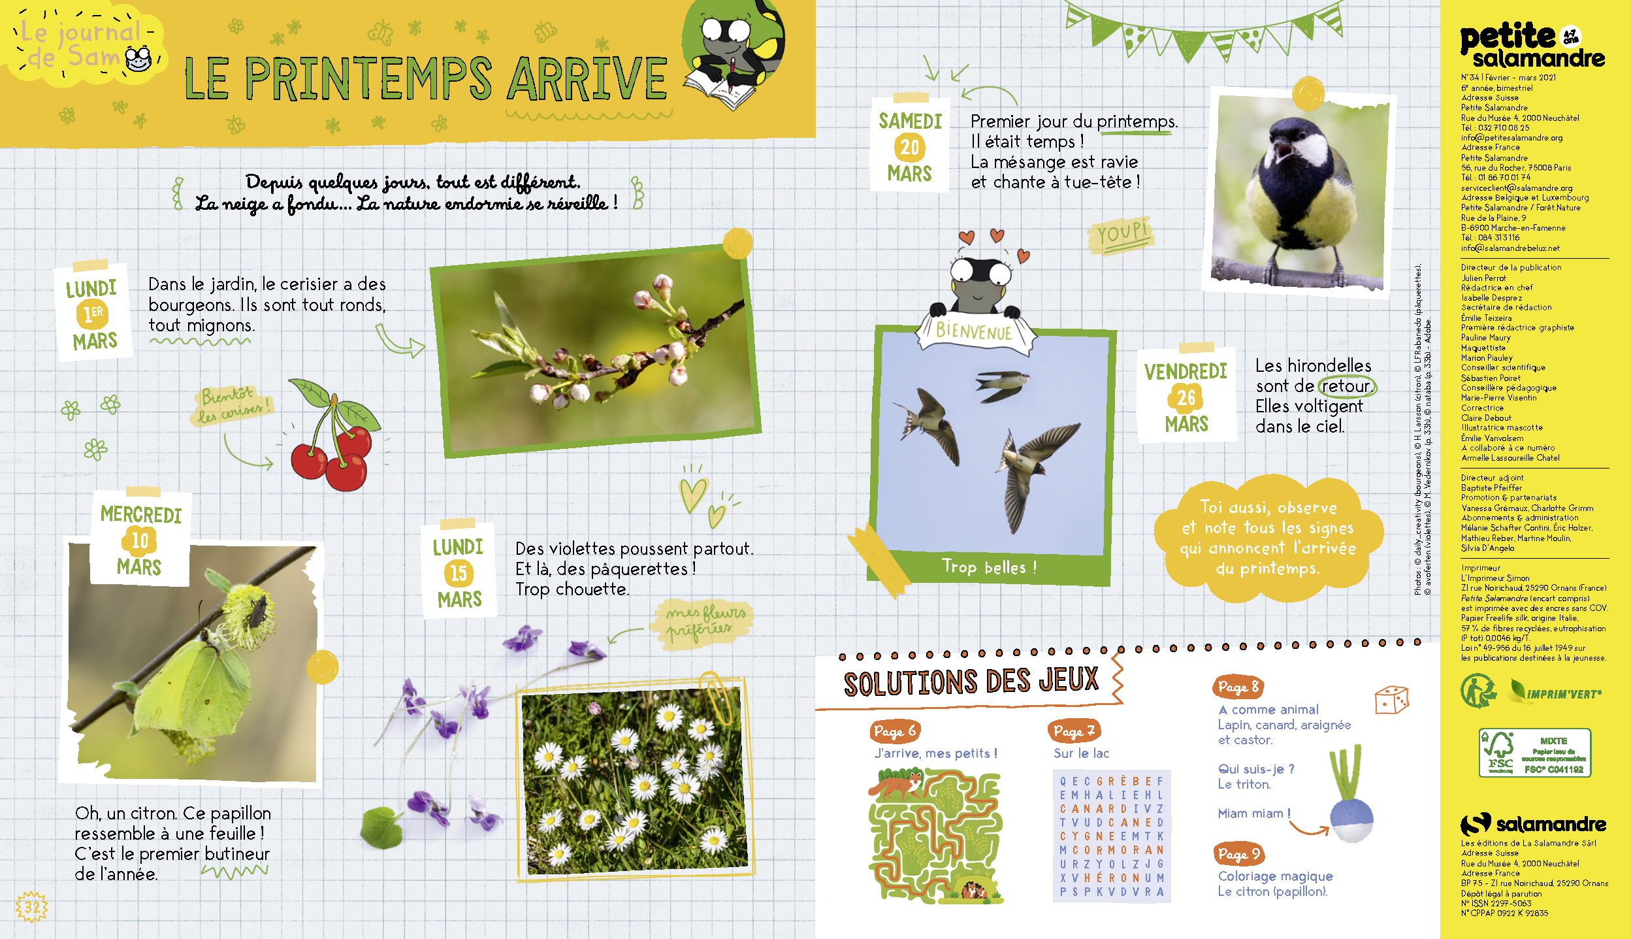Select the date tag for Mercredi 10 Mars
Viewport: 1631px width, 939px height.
140,539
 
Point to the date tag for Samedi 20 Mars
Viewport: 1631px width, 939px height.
910,145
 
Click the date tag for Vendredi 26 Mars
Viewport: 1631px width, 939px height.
1186,395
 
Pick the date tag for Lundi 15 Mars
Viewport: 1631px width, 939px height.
459,571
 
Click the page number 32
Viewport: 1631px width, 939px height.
31,907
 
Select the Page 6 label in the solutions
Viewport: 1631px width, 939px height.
895,731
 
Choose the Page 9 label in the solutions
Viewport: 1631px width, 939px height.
1238,853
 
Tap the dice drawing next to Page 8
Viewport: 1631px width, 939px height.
1391,700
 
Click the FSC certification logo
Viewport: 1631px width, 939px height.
1534,753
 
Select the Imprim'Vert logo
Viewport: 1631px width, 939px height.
1555,691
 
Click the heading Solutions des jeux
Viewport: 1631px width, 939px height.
971,682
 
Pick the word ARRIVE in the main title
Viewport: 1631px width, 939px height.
587,78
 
